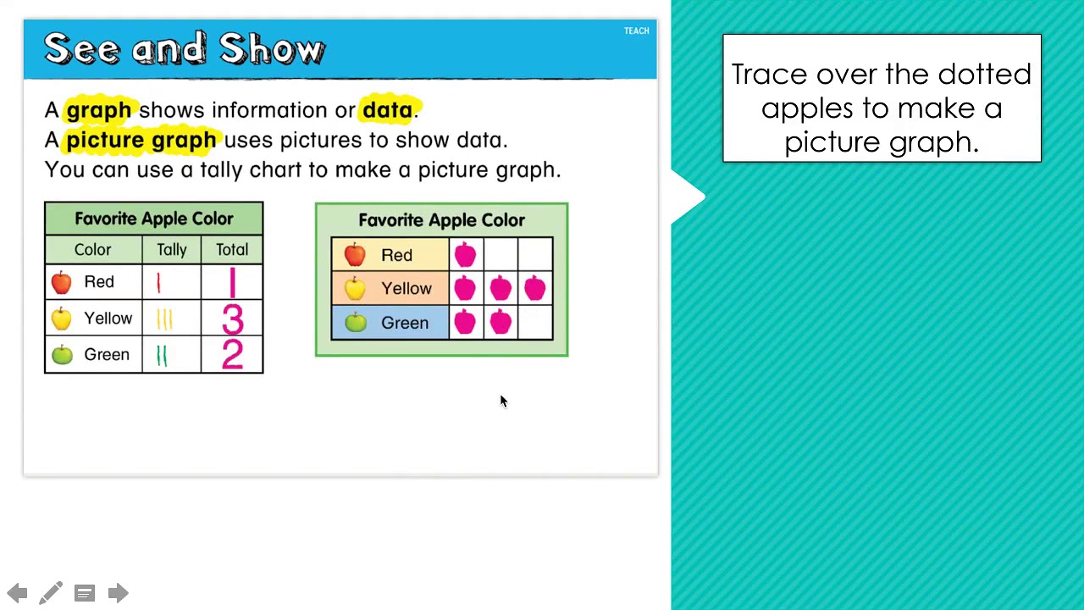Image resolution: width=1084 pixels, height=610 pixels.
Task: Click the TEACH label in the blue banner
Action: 636,31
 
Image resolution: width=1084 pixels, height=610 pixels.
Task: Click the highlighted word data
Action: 387,110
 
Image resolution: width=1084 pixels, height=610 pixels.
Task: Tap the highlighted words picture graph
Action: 141,140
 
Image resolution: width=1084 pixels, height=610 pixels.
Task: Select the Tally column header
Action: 171,250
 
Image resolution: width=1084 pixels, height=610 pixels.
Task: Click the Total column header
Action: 231,250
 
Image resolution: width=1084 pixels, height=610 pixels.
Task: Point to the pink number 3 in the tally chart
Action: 232,319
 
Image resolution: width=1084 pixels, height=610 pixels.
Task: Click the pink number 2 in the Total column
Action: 232,354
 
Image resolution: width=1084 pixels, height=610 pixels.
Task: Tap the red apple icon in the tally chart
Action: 62,282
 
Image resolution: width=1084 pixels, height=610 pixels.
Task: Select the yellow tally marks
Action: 164,319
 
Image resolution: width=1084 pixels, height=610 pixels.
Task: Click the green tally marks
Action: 162,355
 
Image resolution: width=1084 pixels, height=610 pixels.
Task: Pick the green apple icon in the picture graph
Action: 356,322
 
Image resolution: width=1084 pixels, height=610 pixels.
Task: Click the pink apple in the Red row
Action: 465,254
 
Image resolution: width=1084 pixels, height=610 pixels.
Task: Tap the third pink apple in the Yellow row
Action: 534,289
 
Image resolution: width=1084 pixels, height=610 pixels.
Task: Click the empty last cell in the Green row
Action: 535,323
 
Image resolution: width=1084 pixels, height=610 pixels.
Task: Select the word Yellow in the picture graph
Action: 406,289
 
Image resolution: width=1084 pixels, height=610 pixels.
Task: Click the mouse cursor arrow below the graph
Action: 502,401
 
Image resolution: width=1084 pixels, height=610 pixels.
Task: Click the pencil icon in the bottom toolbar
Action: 51,593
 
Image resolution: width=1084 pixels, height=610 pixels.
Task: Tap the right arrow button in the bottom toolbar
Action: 118,593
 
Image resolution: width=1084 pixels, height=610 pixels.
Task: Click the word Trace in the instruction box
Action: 769,75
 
